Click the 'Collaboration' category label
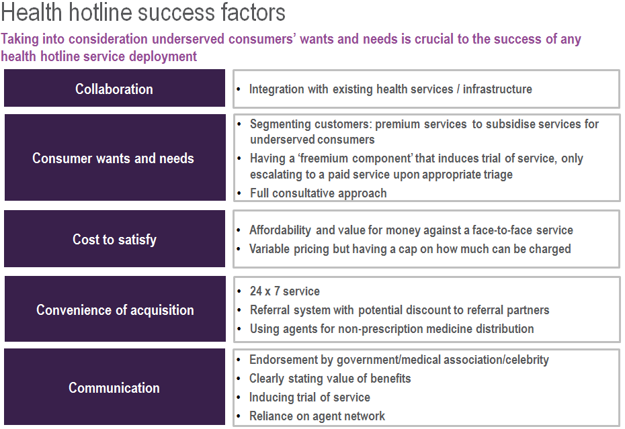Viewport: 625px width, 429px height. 114,89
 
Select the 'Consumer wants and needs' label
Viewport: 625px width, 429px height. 113,158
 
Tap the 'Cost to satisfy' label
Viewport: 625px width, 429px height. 114,240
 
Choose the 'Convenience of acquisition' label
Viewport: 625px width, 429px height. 115,310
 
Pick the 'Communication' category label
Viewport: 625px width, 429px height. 114,387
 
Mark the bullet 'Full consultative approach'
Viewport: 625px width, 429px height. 318,193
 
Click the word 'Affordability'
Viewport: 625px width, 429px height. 280,230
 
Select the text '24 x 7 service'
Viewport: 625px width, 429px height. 284,291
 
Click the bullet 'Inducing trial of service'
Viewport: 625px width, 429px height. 310,397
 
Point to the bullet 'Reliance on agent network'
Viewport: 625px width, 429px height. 317,416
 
